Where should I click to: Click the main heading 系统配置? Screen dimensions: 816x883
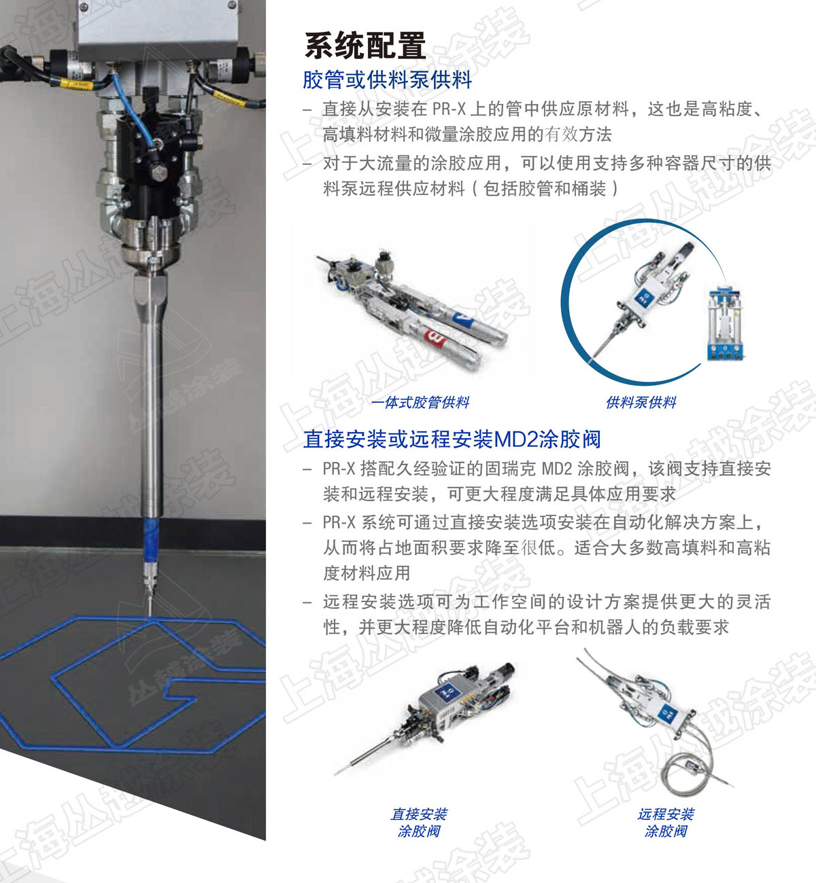click(365, 46)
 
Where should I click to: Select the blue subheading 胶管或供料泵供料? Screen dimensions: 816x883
click(387, 80)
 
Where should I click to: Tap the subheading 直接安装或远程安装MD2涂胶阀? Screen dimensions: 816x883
click(452, 439)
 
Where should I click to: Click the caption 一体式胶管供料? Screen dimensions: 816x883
click(420, 402)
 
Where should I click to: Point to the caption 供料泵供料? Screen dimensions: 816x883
click(641, 402)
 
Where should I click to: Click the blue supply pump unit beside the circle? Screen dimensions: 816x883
click(725, 323)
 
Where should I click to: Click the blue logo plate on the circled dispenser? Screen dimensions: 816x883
click(643, 295)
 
